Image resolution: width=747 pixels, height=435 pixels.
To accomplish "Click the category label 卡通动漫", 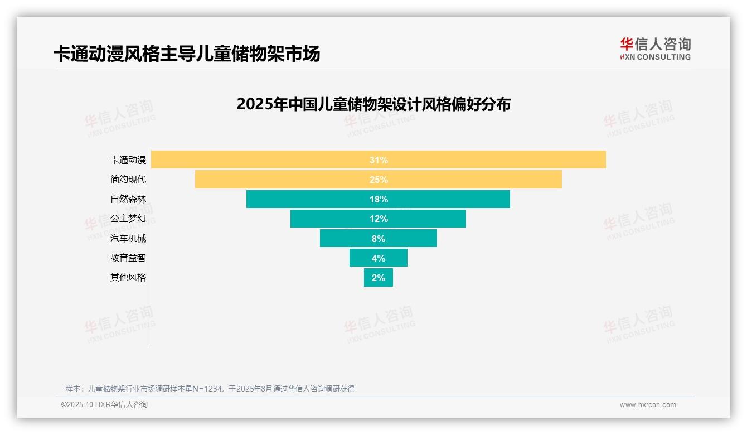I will click(128, 160).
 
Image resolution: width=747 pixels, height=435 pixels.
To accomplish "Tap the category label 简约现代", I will click(128, 180).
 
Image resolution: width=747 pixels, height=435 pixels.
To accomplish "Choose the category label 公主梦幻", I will click(128, 219).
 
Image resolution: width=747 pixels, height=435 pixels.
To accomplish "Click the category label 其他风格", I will click(128, 277).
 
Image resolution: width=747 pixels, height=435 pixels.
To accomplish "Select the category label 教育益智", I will click(128, 258).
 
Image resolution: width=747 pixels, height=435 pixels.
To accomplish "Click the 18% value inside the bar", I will click(379, 199).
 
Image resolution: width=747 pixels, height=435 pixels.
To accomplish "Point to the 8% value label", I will click(379, 239).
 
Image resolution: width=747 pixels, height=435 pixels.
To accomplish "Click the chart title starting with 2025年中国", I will click(373, 104).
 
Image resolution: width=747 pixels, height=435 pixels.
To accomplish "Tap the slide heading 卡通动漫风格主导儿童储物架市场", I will click(187, 54).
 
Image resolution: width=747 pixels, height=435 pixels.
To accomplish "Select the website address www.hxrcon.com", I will click(648, 405).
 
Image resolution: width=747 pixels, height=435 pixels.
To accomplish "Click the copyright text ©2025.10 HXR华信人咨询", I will click(104, 405).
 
